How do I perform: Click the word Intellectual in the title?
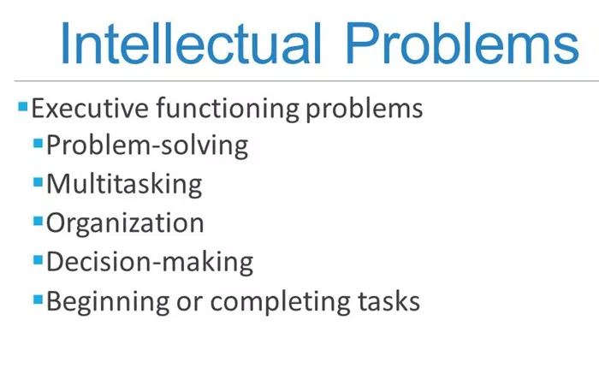click(191, 44)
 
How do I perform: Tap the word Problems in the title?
click(462, 44)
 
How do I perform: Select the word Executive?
click(90, 108)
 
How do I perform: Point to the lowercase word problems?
click(364, 110)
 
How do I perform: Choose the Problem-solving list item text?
click(147, 146)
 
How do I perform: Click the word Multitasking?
click(124, 185)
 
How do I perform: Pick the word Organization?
click(125, 223)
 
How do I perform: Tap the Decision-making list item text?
click(150, 262)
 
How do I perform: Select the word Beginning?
click(108, 302)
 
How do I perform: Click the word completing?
click(280, 302)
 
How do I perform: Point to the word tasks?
click(388, 301)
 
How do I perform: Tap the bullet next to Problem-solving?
click(38, 143)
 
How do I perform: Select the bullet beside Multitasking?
click(38, 182)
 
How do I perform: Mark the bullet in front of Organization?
click(38, 221)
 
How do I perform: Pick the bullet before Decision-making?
click(38, 260)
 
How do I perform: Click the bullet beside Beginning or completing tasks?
click(38, 300)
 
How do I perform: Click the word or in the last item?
click(189, 304)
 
